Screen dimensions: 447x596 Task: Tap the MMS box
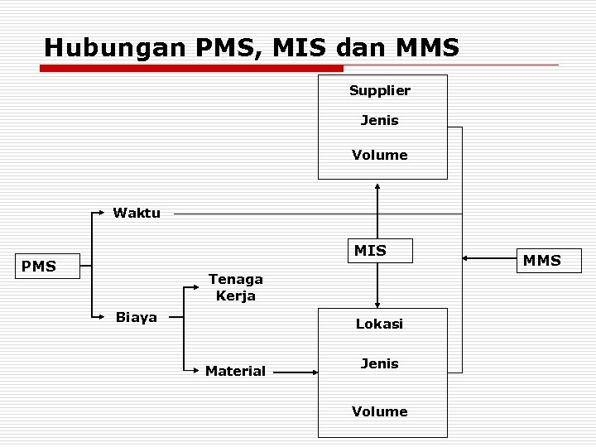pyautogui.click(x=542, y=261)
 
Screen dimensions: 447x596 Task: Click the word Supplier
pyautogui.click(x=379, y=89)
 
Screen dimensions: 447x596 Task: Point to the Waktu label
pyautogui.click(x=137, y=213)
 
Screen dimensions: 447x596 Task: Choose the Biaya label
pyautogui.click(x=137, y=317)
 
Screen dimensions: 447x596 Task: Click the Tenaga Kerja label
pyautogui.click(x=236, y=287)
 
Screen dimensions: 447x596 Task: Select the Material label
pyautogui.click(x=235, y=371)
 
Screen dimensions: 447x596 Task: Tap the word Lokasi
pyautogui.click(x=379, y=324)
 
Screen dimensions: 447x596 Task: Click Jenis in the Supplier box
pyautogui.click(x=379, y=121)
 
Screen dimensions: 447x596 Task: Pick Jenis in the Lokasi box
pyautogui.click(x=379, y=363)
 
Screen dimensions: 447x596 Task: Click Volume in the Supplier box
pyautogui.click(x=379, y=155)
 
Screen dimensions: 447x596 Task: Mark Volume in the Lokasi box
pyautogui.click(x=379, y=411)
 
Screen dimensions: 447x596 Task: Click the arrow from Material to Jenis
pyautogui.click(x=296, y=372)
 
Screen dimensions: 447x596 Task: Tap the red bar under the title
pyautogui.click(x=190, y=69)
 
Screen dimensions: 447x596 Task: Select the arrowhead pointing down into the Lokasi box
pyautogui.click(x=377, y=303)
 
